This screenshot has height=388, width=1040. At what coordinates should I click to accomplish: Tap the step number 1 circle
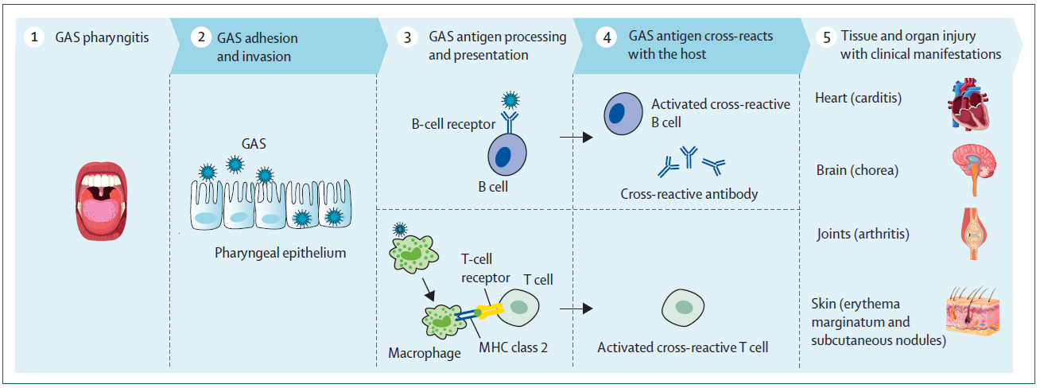pyautogui.click(x=33, y=37)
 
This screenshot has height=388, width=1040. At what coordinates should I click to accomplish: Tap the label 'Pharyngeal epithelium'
pyautogui.click(x=280, y=254)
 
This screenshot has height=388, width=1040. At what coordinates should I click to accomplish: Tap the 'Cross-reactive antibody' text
pyautogui.click(x=689, y=194)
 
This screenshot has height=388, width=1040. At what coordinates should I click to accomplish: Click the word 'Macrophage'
pyautogui.click(x=424, y=352)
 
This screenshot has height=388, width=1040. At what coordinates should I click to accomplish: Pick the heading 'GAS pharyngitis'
pyautogui.click(x=102, y=37)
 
